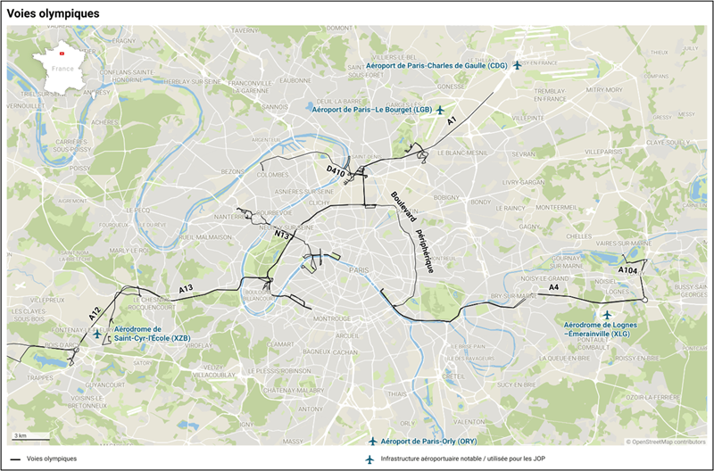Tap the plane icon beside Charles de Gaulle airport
(x=517, y=65)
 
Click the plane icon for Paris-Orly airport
(x=373, y=442)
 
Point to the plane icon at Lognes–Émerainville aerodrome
(x=607, y=315)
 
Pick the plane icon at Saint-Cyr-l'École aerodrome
(x=97, y=334)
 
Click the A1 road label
(x=452, y=120)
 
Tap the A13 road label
(x=186, y=289)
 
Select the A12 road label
(x=95, y=313)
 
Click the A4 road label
(x=553, y=287)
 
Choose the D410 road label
(x=336, y=169)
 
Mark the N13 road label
(x=282, y=235)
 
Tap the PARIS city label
(x=359, y=269)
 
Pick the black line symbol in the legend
(x=15, y=459)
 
